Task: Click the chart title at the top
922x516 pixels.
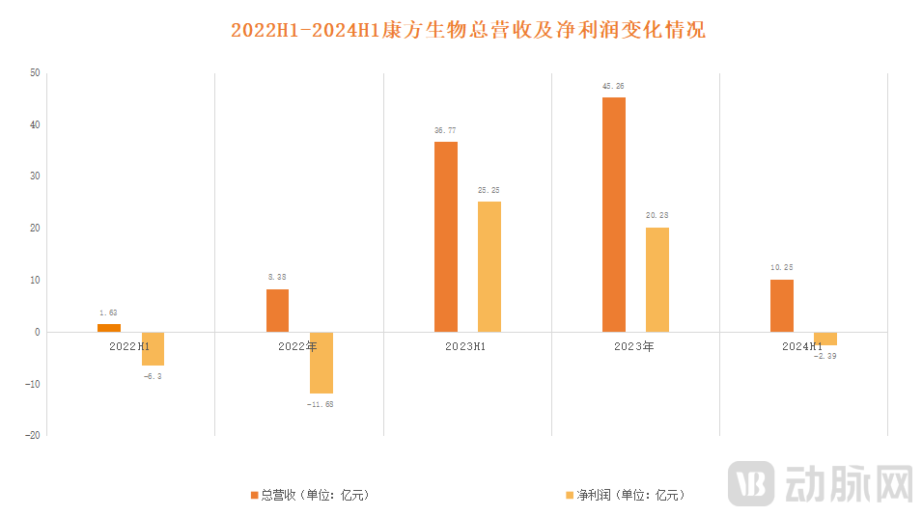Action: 468,30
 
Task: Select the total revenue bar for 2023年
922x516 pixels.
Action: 614,214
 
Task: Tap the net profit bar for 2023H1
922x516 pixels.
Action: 489,266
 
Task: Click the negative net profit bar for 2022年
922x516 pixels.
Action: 321,363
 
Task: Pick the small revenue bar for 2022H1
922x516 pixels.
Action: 109,328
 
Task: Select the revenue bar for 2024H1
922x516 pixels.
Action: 782,306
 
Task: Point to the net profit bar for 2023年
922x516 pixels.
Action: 657,280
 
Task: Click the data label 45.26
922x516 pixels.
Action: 614,86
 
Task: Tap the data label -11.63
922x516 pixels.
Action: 321,404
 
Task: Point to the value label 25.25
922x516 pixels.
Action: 489,190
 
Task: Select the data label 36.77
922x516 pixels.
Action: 446,130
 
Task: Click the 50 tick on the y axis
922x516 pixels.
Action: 35,73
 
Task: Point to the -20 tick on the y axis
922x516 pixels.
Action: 33,435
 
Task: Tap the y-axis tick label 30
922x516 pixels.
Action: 35,177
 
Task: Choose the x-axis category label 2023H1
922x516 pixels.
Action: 465,345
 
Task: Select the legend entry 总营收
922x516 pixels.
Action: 309,495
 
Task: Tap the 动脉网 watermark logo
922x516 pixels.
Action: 822,482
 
